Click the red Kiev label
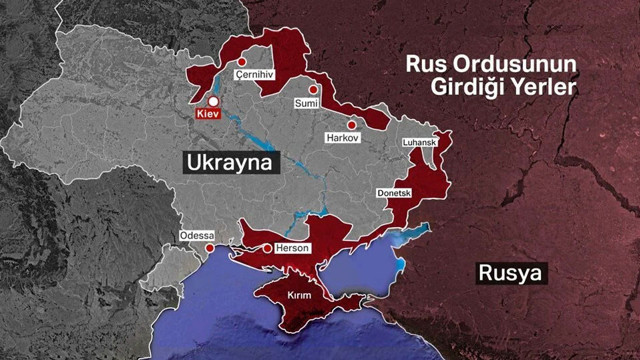[x=208, y=116]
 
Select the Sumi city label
[x=305, y=103]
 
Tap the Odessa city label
[x=195, y=235]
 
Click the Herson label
[x=293, y=248]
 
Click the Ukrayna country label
[x=228, y=163]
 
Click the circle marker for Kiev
[x=213, y=100]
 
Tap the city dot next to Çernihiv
[x=240, y=63]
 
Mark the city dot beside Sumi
[x=313, y=89]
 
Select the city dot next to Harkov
[x=352, y=124]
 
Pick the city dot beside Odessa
[x=208, y=248]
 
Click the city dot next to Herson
[x=267, y=248]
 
